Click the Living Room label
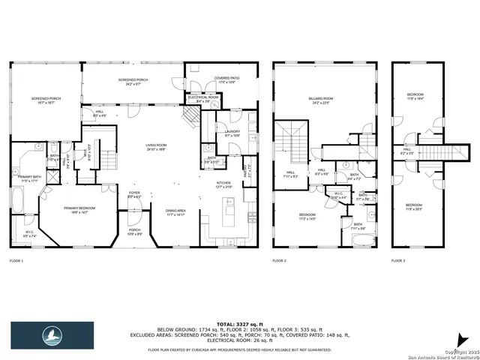pos(156,147)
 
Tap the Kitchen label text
pos(223,183)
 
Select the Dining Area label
pos(176,211)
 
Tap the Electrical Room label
pos(202,97)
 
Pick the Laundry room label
pos(232,133)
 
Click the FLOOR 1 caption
pos(16,260)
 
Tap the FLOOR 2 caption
pos(279,260)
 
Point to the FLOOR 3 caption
pos(398,260)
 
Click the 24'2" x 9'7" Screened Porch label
pos(132,80)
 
